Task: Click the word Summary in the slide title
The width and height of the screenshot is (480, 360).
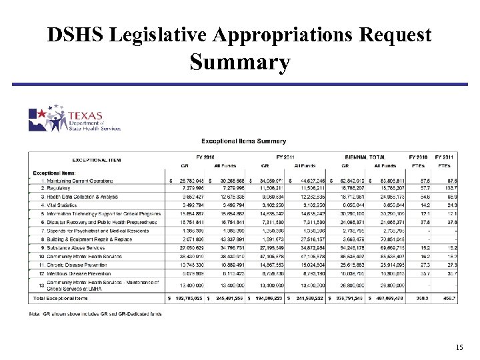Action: [240, 63]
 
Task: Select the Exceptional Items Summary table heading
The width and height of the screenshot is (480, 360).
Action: [243, 141]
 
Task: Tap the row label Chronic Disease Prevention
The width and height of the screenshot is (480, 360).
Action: [73, 265]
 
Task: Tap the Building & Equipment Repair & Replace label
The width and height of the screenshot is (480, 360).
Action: [80, 239]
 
